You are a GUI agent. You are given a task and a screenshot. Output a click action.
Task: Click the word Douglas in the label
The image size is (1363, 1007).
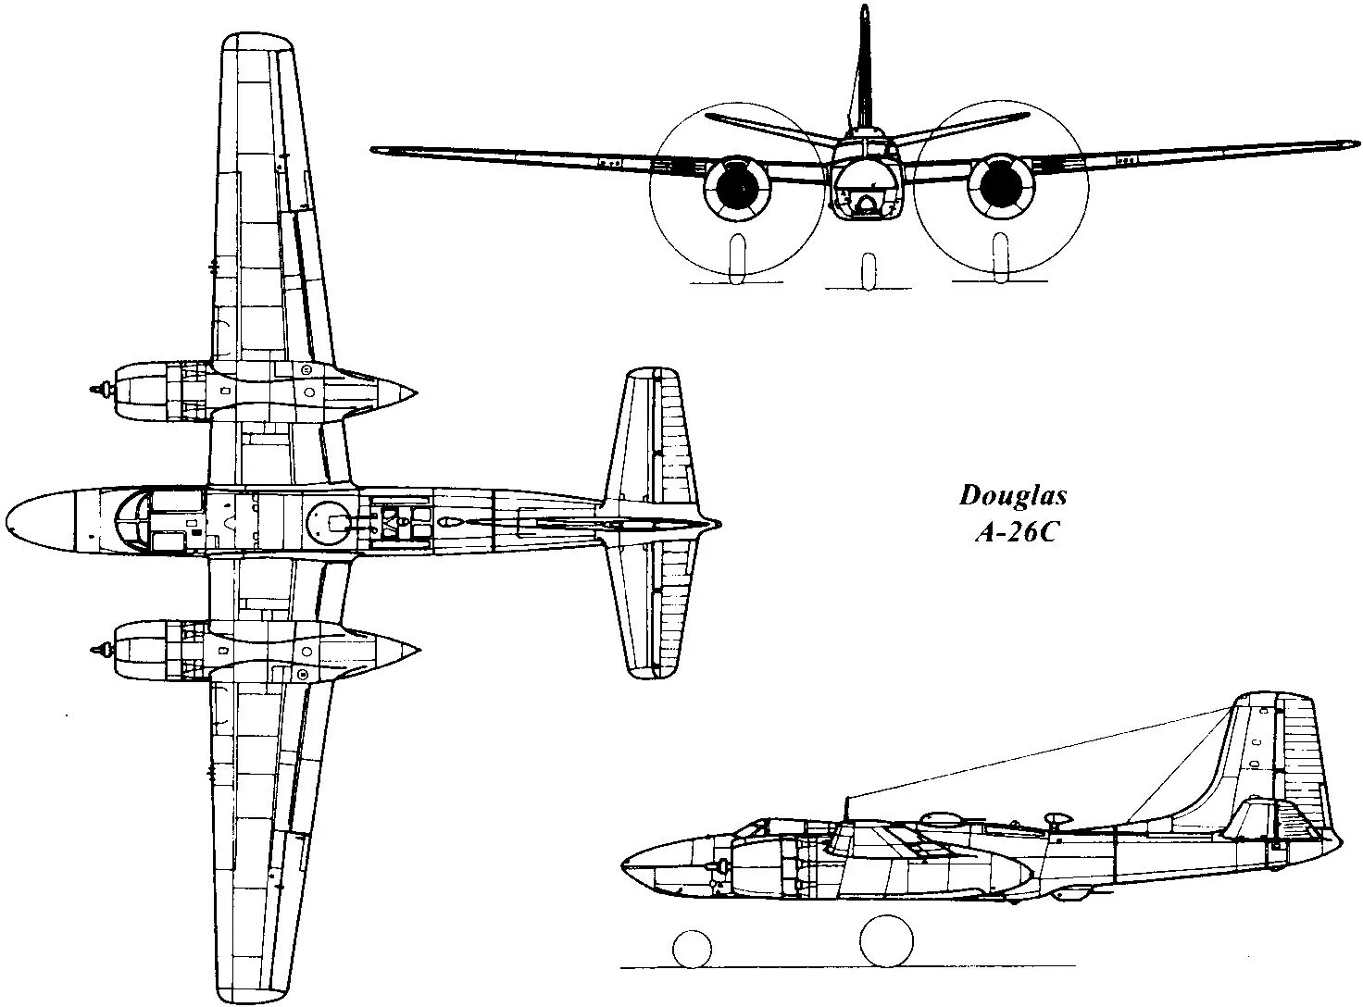click(x=1013, y=496)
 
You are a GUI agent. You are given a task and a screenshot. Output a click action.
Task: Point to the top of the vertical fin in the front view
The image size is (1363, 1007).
click(x=864, y=13)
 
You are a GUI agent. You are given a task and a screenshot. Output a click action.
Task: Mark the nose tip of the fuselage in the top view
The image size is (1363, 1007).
click(x=9, y=520)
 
